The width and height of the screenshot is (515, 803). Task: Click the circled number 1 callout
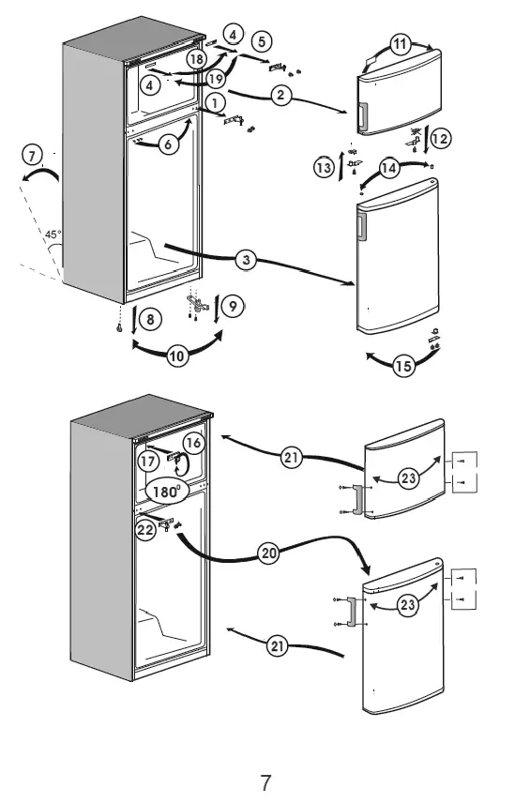pyautogui.click(x=215, y=101)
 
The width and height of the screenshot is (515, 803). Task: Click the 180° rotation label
pyautogui.click(x=166, y=491)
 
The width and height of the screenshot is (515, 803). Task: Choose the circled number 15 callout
pyautogui.click(x=403, y=367)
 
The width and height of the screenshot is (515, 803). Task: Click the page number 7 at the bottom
pyautogui.click(x=265, y=780)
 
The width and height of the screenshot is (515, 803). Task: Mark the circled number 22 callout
pyautogui.click(x=146, y=530)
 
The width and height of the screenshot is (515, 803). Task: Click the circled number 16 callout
pyautogui.click(x=192, y=442)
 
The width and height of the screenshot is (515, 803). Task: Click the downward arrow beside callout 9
pyautogui.click(x=218, y=309)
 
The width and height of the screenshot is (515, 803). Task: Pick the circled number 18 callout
pyautogui.click(x=196, y=59)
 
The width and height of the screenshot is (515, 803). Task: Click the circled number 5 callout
pyautogui.click(x=260, y=40)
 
